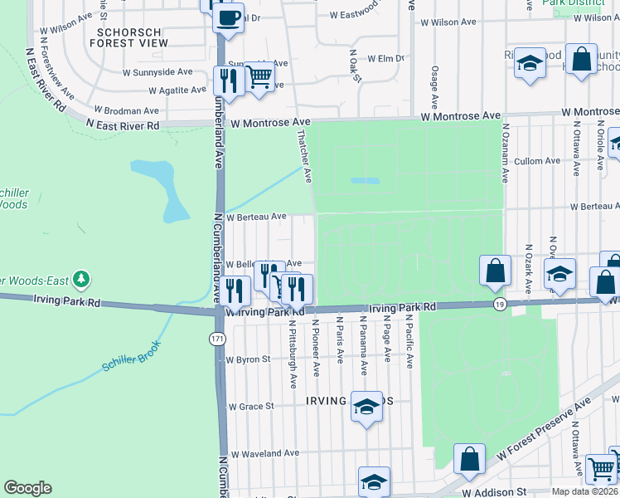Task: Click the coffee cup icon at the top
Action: (229, 17)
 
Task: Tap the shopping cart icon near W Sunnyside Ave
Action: (259, 77)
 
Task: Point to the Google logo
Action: (27, 487)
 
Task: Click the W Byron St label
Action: (248, 360)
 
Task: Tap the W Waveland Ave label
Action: (264, 454)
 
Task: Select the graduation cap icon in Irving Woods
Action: (365, 407)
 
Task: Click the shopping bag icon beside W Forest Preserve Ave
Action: (469, 459)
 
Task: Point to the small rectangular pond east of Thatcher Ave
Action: (365, 180)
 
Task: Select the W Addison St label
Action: (495, 492)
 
